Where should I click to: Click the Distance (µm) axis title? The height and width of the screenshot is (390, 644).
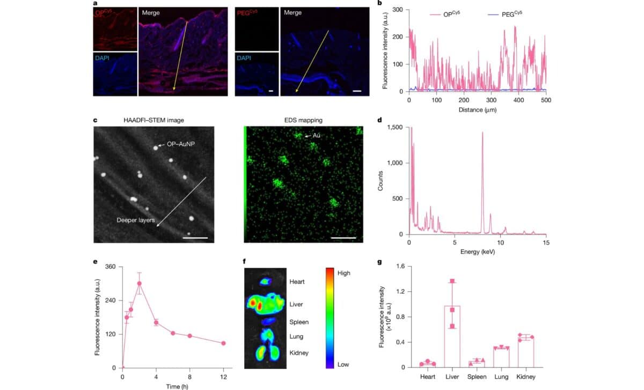477,110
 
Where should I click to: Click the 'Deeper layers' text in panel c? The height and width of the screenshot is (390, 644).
136,220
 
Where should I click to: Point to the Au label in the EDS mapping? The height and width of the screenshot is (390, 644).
317,137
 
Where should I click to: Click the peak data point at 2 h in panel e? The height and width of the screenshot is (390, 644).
140,283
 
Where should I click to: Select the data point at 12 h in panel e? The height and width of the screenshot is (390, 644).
223,343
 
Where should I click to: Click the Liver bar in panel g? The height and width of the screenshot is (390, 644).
452,336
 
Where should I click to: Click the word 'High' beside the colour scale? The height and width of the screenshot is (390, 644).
343,273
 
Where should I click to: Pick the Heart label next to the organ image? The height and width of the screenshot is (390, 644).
297,282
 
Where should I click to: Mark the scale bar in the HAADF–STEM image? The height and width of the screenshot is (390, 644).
195,236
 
